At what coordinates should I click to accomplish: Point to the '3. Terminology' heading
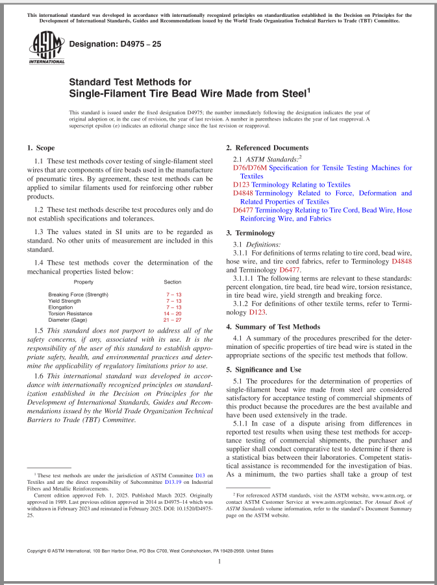[250, 233]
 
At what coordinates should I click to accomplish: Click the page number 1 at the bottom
[219, 562]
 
